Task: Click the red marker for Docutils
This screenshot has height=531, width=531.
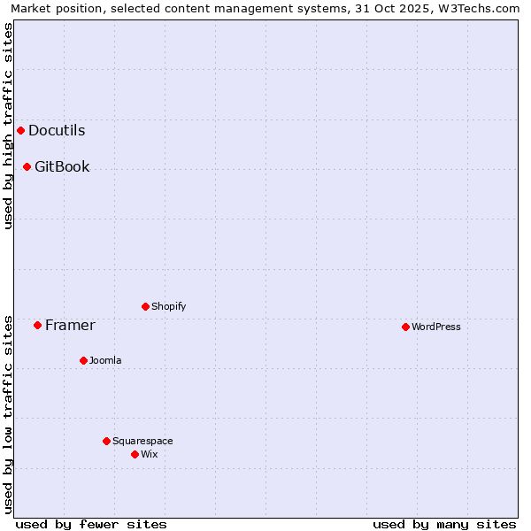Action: pos(20,131)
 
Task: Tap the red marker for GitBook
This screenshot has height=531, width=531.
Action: pos(27,166)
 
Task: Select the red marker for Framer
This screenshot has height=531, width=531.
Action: pos(37,325)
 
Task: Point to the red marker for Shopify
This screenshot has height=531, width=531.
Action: pos(145,306)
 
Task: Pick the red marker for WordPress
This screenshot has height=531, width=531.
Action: pos(405,327)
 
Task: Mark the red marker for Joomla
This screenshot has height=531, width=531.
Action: pos(83,360)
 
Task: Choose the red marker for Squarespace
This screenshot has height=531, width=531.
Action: pos(106,441)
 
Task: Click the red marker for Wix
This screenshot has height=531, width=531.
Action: pos(135,454)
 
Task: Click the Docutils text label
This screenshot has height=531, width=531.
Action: pos(57,131)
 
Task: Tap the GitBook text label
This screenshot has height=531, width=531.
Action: pos(62,166)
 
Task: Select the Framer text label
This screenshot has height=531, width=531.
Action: pos(70,325)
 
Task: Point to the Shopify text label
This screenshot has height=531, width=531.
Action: pos(168,306)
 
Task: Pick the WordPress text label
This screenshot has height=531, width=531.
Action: pos(436,327)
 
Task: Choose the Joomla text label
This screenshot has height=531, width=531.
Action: pos(105,360)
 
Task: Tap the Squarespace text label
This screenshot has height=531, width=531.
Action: pos(142,441)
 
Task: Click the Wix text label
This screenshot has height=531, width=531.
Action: pos(149,454)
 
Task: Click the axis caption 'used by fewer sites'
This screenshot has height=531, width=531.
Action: pos(91,524)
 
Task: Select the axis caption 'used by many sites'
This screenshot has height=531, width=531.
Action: pos(444,524)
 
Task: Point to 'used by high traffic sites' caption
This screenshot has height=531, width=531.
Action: pos(8,126)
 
